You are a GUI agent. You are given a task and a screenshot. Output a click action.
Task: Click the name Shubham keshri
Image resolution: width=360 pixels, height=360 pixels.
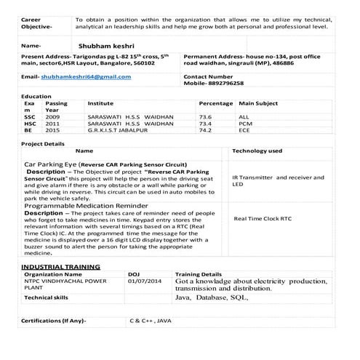[108, 45]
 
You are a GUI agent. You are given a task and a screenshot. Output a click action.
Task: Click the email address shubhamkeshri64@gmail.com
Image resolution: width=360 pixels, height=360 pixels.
[86, 76]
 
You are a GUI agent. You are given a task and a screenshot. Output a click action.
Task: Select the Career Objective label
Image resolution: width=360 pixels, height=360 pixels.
[36, 21]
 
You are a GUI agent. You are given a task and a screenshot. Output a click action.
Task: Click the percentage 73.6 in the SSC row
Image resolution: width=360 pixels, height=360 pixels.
[205, 116]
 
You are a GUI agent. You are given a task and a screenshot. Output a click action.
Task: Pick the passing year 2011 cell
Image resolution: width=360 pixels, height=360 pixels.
[53, 124]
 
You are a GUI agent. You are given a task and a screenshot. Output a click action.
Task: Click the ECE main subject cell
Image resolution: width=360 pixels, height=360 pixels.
[245, 131]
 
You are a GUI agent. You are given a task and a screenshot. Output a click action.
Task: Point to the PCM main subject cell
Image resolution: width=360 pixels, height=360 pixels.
[245, 124]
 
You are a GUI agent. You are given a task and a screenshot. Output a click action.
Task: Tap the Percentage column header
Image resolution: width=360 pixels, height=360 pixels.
[215, 104]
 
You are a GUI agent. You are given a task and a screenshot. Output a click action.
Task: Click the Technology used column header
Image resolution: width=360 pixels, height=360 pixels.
[257, 151]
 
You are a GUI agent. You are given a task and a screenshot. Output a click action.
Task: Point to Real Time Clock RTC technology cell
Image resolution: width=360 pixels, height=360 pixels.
[263, 218]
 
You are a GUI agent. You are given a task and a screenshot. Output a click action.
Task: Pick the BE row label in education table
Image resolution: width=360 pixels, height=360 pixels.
[28, 131]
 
